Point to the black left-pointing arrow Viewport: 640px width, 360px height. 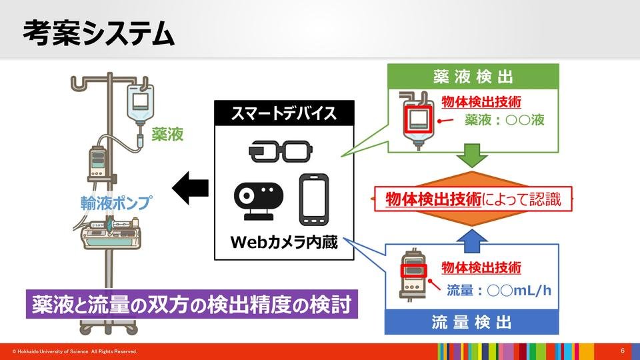coord(190,189)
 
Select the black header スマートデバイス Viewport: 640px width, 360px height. coord(283,114)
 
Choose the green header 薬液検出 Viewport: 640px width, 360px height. coord(471,76)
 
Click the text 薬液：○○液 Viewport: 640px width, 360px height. coord(505,121)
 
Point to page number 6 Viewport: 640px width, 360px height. coord(622,351)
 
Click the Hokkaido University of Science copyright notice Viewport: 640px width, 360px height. coord(75,351)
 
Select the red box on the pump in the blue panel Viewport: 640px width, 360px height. coord(412,271)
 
